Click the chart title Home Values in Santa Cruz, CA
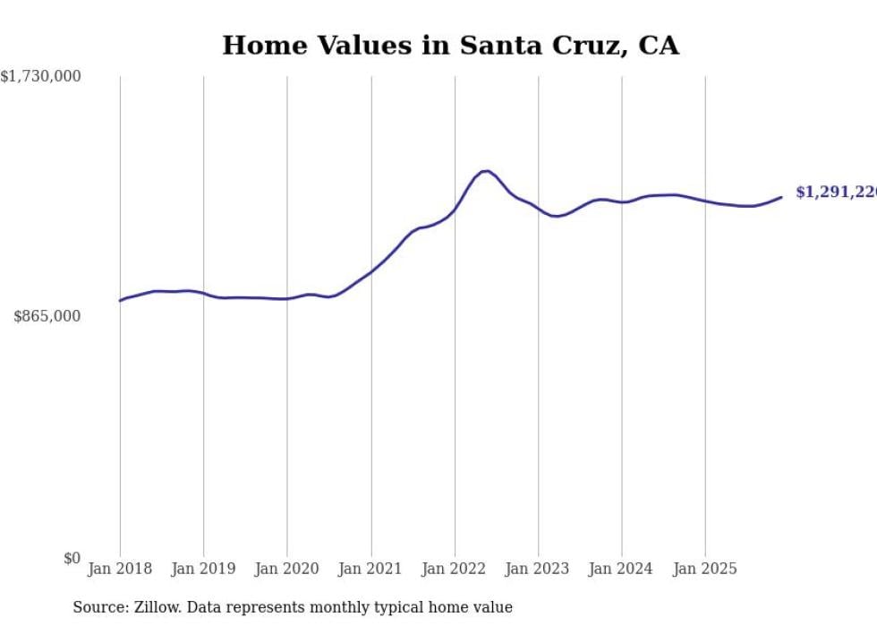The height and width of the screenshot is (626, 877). point(450,45)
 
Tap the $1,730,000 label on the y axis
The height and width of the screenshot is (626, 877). point(40,77)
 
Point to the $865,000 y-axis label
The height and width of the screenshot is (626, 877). point(47,316)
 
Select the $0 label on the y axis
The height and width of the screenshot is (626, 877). point(72,558)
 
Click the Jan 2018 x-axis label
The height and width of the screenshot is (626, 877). point(120,569)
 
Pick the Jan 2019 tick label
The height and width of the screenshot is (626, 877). point(203,569)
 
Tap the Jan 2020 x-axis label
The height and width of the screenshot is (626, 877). point(286,569)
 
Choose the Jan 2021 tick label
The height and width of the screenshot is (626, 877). point(370,569)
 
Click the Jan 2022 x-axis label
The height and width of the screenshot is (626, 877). point(455,569)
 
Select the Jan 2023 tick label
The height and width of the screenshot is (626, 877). point(538,569)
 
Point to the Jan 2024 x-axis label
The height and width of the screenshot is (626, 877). point(621,569)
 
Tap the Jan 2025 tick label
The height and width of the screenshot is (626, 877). point(705,569)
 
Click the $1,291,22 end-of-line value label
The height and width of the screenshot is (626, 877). point(835,193)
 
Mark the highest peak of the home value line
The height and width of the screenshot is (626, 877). point(485,171)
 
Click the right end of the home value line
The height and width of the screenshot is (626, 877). point(781,197)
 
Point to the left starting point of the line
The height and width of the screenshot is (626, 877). point(120,300)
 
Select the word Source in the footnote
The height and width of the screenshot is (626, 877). point(97,607)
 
